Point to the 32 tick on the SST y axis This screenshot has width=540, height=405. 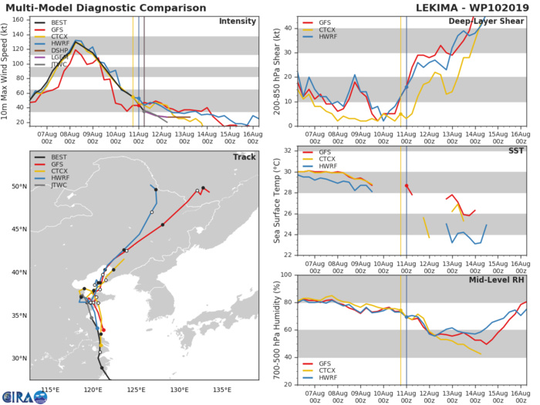tap(287, 150)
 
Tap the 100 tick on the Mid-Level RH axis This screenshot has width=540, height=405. tap(285, 275)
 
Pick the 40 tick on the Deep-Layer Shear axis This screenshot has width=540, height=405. tap(287, 29)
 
